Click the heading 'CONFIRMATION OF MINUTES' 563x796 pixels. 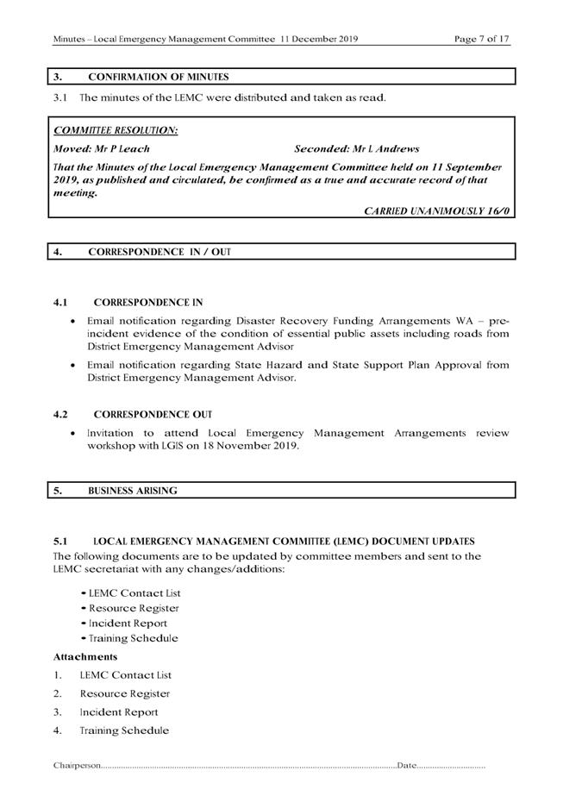point(159,77)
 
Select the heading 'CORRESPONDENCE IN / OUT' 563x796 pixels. point(160,252)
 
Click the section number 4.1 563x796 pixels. point(60,303)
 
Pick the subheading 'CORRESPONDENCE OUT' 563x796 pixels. point(153,415)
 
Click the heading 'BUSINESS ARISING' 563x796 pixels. point(133,490)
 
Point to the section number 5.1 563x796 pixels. point(60,542)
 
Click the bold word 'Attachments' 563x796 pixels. point(85,657)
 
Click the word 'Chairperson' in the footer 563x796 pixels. point(77,765)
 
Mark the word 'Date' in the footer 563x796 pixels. point(406,765)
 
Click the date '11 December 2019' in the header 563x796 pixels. point(319,39)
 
